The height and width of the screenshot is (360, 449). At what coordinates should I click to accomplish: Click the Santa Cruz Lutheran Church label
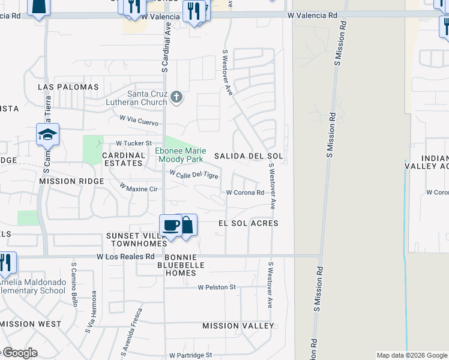146,98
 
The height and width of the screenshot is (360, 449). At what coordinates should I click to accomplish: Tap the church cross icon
176,97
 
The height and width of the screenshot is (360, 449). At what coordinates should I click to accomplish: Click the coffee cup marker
172,225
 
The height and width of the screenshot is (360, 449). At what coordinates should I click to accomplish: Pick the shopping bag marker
187,225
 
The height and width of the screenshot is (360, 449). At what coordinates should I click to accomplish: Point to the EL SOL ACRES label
248,223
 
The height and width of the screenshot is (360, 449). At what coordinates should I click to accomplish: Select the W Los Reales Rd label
125,256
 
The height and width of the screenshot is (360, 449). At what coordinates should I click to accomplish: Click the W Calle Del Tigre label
194,174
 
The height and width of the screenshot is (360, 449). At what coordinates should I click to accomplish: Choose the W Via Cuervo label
139,120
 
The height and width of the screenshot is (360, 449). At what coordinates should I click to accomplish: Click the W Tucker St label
134,144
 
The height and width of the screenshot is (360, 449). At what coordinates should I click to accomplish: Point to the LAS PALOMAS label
68,87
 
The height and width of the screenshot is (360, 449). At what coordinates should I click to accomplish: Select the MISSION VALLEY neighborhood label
238,326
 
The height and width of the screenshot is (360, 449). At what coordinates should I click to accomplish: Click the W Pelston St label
217,287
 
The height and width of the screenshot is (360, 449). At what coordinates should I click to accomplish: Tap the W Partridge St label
190,355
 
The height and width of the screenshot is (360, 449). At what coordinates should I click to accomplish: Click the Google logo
19,353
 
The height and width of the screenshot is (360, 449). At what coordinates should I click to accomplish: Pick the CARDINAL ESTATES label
124,159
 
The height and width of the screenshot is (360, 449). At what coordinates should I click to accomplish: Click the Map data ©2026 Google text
411,355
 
